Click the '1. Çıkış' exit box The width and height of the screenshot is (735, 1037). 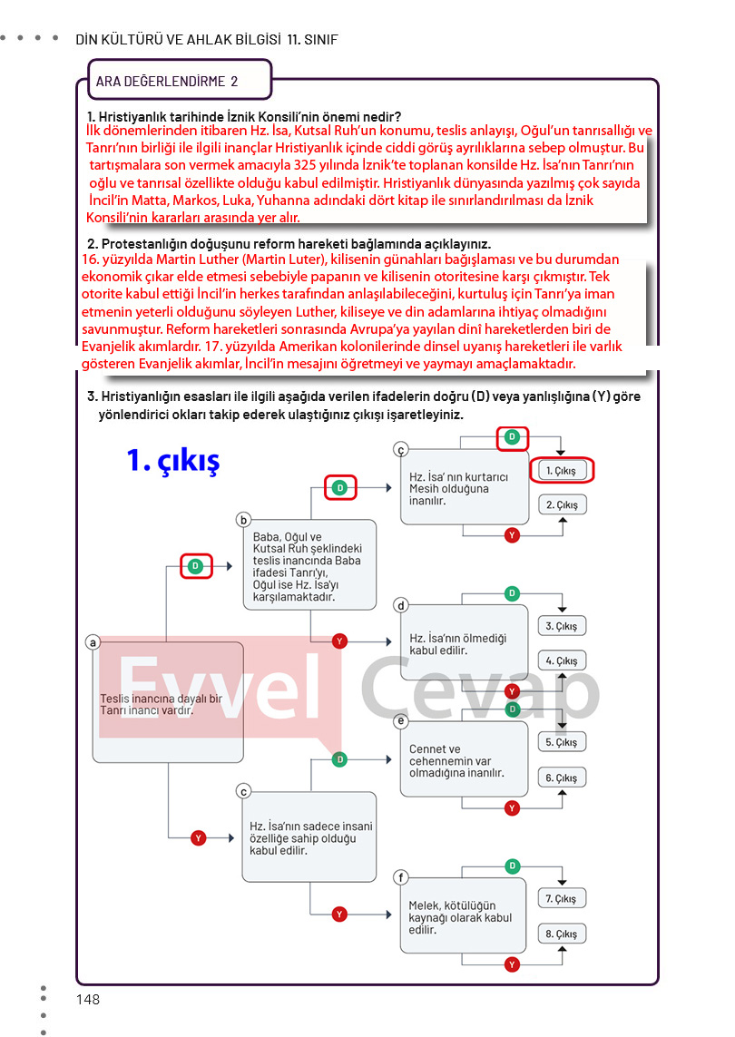[x=562, y=471]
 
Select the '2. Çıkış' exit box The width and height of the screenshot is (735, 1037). [x=562, y=504]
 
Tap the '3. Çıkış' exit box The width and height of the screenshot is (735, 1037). [x=562, y=626]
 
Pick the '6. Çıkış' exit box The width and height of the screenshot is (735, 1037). [x=562, y=778]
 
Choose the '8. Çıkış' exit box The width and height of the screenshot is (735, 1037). [x=562, y=934]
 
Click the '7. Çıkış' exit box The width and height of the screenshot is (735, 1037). [x=562, y=898]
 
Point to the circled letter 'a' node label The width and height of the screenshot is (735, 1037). [x=93, y=643]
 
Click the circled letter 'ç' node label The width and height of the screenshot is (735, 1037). [x=401, y=449]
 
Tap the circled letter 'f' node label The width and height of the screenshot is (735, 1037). [x=401, y=876]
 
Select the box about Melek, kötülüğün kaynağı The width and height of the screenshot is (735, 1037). [x=464, y=917]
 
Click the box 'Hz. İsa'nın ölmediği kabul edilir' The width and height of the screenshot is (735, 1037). [x=464, y=644]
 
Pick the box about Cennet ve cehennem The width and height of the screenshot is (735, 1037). [x=464, y=760]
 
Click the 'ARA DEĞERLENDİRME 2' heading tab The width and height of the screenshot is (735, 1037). [x=179, y=81]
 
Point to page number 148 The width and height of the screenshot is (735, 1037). [x=88, y=1000]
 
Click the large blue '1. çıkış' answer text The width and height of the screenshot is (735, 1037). [x=173, y=461]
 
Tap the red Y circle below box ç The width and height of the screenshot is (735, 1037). [x=513, y=535]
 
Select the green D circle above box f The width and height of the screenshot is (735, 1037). [x=513, y=866]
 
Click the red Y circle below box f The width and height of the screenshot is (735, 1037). [x=513, y=964]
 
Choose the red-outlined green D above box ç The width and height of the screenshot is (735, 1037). [x=513, y=437]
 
